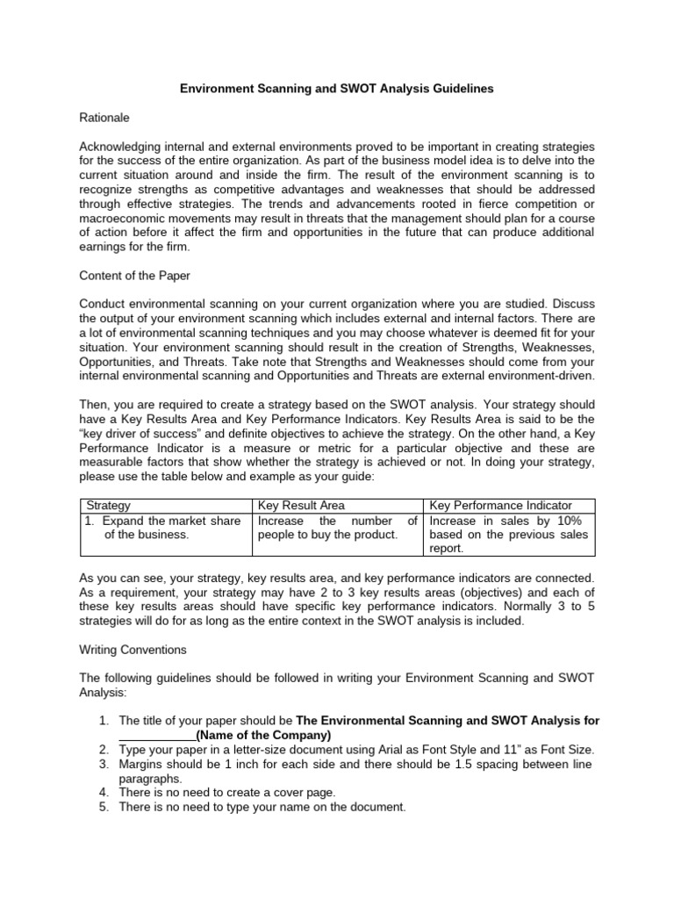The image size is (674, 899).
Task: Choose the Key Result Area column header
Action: (301, 506)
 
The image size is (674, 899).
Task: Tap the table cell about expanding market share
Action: (162, 528)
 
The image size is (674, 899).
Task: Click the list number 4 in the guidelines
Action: (103, 793)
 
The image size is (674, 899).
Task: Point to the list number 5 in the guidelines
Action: (103, 807)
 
